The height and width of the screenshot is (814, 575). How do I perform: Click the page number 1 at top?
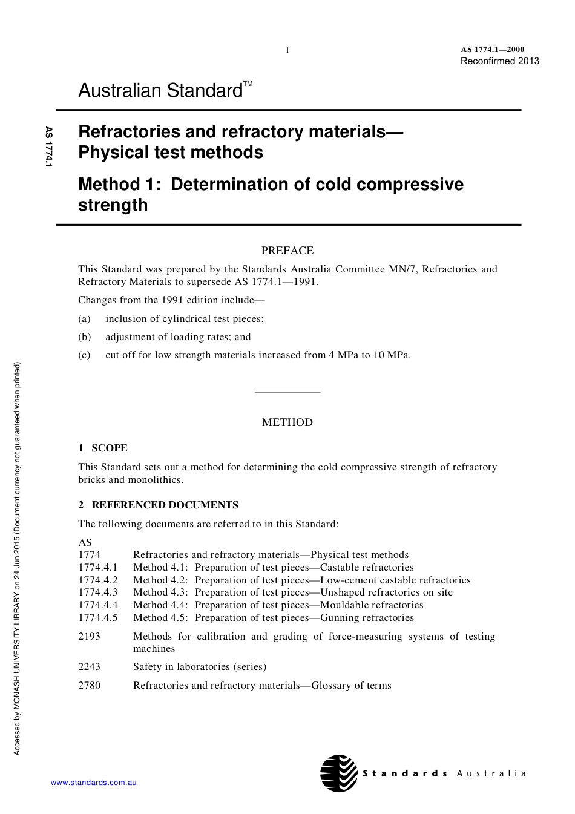pyautogui.click(x=287, y=50)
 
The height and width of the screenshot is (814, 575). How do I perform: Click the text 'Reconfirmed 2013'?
pyautogui.click(x=499, y=61)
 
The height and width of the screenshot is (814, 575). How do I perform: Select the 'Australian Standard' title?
pyautogui.click(x=160, y=91)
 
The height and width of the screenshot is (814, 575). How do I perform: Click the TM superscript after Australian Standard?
pyautogui.click(x=248, y=84)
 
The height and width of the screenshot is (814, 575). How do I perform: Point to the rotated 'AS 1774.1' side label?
pyautogui.click(x=49, y=147)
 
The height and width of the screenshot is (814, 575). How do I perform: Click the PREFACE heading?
pyautogui.click(x=287, y=251)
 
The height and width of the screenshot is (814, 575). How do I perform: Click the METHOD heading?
pyautogui.click(x=287, y=422)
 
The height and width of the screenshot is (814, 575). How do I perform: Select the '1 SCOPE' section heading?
pyautogui.click(x=103, y=448)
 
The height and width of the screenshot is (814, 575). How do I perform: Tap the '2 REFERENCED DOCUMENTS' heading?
pyautogui.click(x=159, y=505)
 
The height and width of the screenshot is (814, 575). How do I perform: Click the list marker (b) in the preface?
pyautogui.click(x=85, y=337)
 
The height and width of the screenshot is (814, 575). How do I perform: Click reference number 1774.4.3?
pyautogui.click(x=98, y=592)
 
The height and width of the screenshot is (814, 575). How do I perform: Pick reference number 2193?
pyautogui.click(x=90, y=636)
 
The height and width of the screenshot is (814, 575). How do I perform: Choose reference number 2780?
pyautogui.click(x=90, y=686)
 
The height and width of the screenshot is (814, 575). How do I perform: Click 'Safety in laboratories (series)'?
pyautogui.click(x=200, y=667)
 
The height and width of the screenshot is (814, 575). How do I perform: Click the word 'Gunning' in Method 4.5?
pyautogui.click(x=338, y=618)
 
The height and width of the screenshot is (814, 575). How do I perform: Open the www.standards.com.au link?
pyautogui.click(x=94, y=783)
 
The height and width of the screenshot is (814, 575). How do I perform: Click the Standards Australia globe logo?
pyautogui.click(x=339, y=773)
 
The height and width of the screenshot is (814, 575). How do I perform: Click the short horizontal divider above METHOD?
pyautogui.click(x=287, y=392)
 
